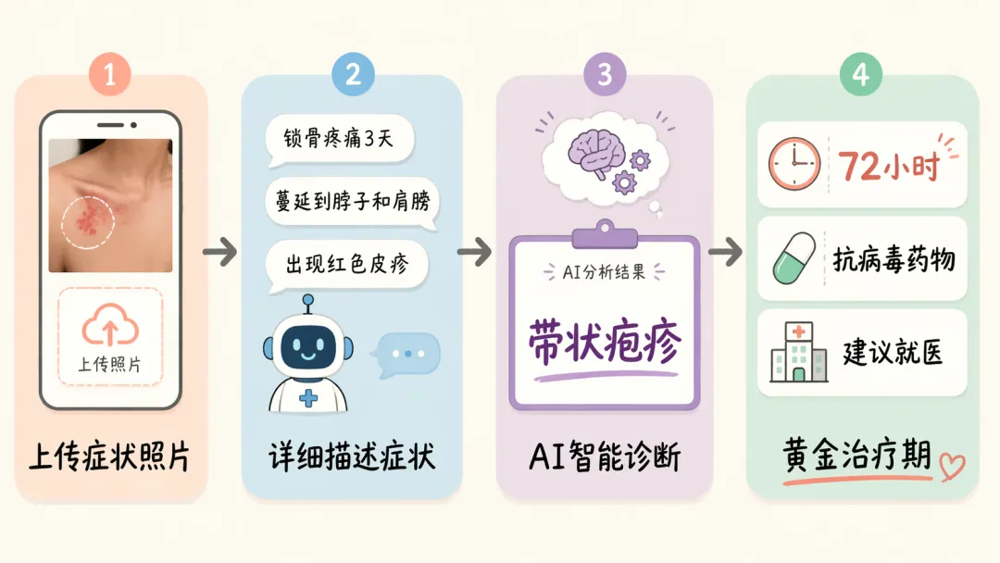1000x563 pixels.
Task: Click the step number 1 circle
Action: tap(109, 75)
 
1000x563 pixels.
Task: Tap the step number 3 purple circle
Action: tap(605, 75)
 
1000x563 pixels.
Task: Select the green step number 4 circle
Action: tap(861, 75)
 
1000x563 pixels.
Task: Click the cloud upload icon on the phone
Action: tap(110, 324)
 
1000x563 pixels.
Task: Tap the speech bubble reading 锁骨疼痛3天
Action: tap(339, 139)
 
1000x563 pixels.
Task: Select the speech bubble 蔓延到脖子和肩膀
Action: tap(352, 202)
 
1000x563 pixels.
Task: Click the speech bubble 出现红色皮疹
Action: tap(347, 265)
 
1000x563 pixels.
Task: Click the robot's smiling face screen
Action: tap(308, 348)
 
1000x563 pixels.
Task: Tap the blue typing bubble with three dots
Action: tap(408, 354)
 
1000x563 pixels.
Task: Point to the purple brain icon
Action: tap(596, 154)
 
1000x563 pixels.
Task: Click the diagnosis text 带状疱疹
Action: tap(605, 342)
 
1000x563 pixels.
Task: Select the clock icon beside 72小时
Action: tap(794, 163)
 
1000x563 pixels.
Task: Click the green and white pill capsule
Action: tap(794, 257)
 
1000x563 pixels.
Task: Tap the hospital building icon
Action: tap(798, 352)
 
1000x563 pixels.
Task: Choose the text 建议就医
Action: tap(893, 353)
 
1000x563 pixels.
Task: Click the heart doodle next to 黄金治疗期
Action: tap(952, 467)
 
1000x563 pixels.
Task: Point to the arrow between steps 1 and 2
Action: tap(220, 252)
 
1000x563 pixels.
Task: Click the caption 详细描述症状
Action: tap(352, 457)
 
